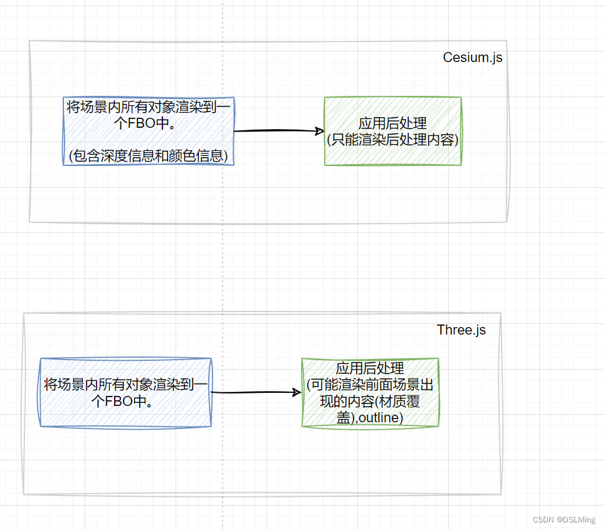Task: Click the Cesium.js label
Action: [x=472, y=58]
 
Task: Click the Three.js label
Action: [x=461, y=330]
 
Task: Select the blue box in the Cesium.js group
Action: [x=149, y=131]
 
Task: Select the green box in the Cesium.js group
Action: [x=393, y=131]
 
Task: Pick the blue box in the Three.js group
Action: [x=125, y=393]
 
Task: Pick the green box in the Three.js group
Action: [x=370, y=393]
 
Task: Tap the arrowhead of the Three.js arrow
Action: [x=297, y=393]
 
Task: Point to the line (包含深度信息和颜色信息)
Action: [x=149, y=155]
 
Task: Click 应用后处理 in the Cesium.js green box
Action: [x=393, y=123]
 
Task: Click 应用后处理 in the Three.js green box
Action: [x=370, y=368]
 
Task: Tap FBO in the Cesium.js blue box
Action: [x=142, y=123]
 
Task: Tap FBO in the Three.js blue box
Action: [x=118, y=401]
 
